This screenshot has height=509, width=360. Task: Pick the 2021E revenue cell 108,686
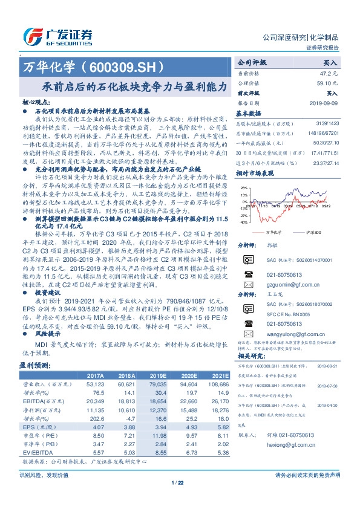(217, 384)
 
